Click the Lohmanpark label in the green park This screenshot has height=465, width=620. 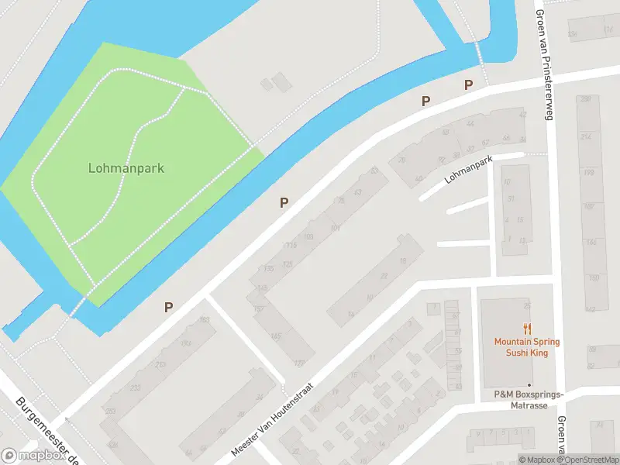(x=126, y=167)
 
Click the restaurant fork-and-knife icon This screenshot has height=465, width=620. (x=528, y=329)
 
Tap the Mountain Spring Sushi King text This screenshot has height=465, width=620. (x=527, y=347)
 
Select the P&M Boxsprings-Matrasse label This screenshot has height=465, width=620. (x=526, y=399)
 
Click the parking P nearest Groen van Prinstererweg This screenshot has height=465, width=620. (x=467, y=85)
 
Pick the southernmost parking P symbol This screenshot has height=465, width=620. (x=168, y=307)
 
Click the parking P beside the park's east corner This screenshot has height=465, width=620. (x=284, y=202)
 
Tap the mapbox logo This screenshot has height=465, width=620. (x=33, y=456)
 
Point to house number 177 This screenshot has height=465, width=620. (x=299, y=363)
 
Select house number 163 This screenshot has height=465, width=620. (x=205, y=320)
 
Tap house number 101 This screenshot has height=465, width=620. (x=335, y=228)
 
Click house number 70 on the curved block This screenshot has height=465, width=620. (x=401, y=160)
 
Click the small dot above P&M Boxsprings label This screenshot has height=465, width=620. (x=529, y=385)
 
